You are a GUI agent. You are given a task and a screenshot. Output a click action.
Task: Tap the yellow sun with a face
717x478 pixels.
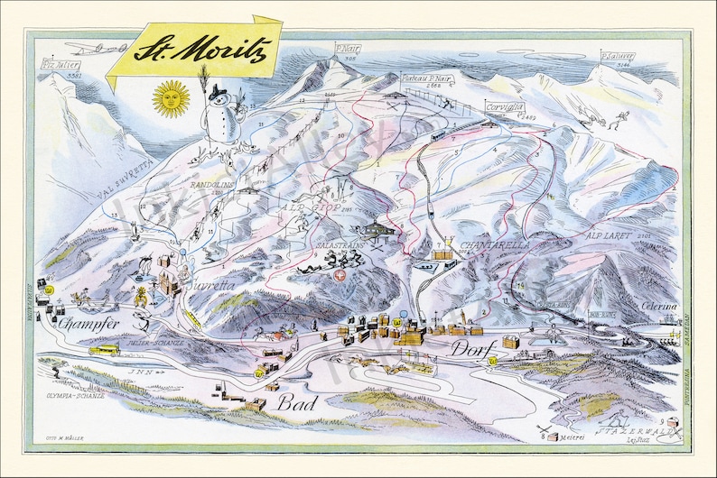tap(171, 98)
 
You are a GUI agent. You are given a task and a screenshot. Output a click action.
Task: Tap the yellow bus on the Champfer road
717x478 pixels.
tap(107, 348)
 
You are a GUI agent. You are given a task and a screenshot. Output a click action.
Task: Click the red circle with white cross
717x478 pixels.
tap(340, 276)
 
